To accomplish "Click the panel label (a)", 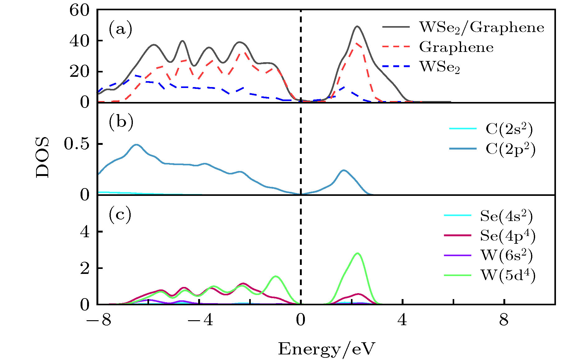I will tap(120, 30).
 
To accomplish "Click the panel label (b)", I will tap(121, 122).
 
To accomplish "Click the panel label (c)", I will tap(120, 215).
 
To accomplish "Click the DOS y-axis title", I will tap(43, 157).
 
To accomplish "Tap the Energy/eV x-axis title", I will tap(326, 349).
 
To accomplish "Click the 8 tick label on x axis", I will tap(504, 320).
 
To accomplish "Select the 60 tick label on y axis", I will tap(80, 11).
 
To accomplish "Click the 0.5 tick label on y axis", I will tap(77, 144).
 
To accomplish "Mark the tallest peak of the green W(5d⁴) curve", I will tap(357, 253).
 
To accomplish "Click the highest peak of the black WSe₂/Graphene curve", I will tap(357, 26).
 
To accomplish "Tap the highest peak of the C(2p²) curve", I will tap(136, 145).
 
